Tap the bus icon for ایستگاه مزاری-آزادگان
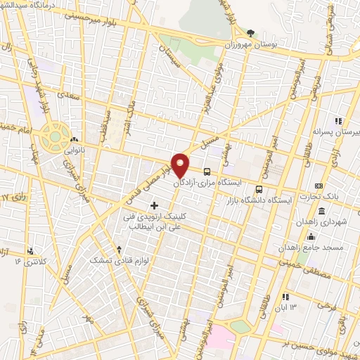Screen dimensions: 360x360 coord(207,171)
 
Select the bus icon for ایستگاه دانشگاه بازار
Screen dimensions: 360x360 coord(259,189)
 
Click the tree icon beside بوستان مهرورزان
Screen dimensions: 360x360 coord(251,33)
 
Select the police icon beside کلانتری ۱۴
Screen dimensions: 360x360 coord(30,250)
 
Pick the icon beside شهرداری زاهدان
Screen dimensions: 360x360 coord(321,212)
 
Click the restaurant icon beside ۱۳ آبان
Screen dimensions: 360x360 coord(285,297)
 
